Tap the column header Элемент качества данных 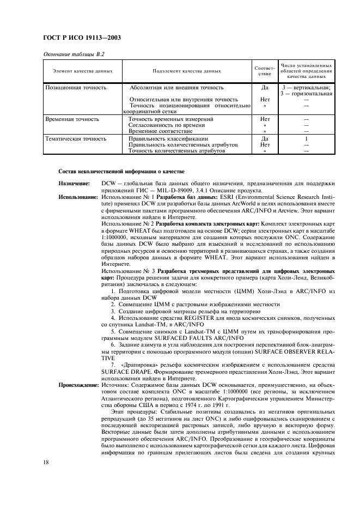[x=82, y=71]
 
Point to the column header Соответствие [x=265, y=71]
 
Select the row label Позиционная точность [x=75, y=87]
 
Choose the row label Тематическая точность [x=75, y=139]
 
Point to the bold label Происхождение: [x=78, y=385]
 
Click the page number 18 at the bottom [x=47, y=463]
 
